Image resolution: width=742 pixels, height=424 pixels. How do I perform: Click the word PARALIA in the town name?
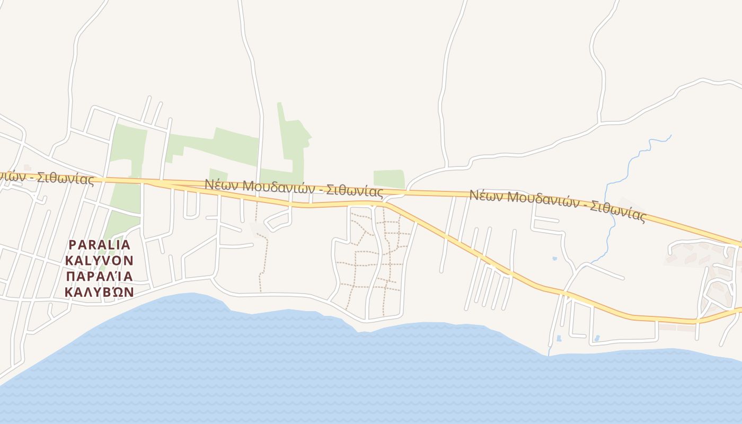pyautogui.click(x=99, y=244)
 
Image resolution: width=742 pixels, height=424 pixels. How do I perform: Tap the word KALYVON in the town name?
pyautogui.click(x=99, y=260)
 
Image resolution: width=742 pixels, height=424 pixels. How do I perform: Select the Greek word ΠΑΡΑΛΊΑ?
pyautogui.click(x=99, y=276)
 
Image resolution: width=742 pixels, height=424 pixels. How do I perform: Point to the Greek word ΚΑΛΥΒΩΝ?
pyautogui.click(x=99, y=292)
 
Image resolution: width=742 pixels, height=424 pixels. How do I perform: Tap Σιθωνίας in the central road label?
pyautogui.click(x=354, y=191)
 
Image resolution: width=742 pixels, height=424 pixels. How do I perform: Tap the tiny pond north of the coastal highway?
pyautogui.click(x=555, y=259)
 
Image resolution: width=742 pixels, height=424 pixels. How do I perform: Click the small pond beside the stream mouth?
pyautogui.click(x=559, y=338)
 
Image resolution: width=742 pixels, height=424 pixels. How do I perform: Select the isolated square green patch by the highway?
pyautogui.click(x=389, y=179)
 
